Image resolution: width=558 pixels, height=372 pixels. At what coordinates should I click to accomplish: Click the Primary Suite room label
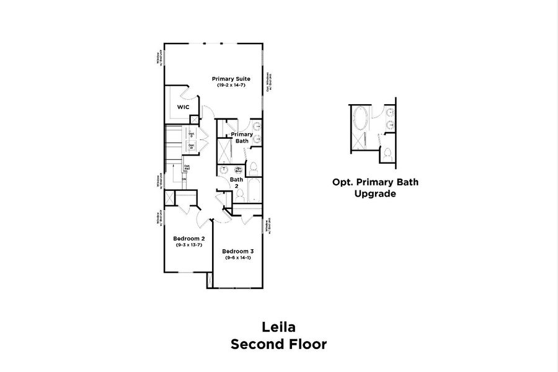pos(231,79)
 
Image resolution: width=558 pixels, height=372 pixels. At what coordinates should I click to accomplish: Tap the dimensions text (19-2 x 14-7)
pos(231,86)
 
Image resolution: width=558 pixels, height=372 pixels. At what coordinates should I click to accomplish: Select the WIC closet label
pos(183,107)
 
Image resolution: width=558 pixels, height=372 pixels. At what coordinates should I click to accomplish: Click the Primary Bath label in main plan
pos(241,138)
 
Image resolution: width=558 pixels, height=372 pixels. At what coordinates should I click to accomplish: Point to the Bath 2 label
pos(236,183)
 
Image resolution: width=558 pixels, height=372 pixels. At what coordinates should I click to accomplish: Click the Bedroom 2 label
pos(188,239)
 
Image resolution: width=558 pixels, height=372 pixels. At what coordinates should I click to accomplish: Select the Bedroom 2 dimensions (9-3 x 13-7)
pos(188,246)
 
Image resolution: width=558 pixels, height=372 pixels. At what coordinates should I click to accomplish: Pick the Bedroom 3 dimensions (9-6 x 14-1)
pos(238,257)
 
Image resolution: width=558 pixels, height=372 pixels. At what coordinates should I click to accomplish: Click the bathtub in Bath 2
pos(254,188)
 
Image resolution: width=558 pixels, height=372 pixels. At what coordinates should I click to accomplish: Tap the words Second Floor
pos(278,344)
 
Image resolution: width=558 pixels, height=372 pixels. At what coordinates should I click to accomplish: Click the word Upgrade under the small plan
pos(374,193)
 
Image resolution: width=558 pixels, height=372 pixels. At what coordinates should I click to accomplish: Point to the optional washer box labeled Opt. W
pos(192,147)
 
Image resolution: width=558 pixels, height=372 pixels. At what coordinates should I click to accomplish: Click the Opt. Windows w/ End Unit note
pos(269,81)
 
